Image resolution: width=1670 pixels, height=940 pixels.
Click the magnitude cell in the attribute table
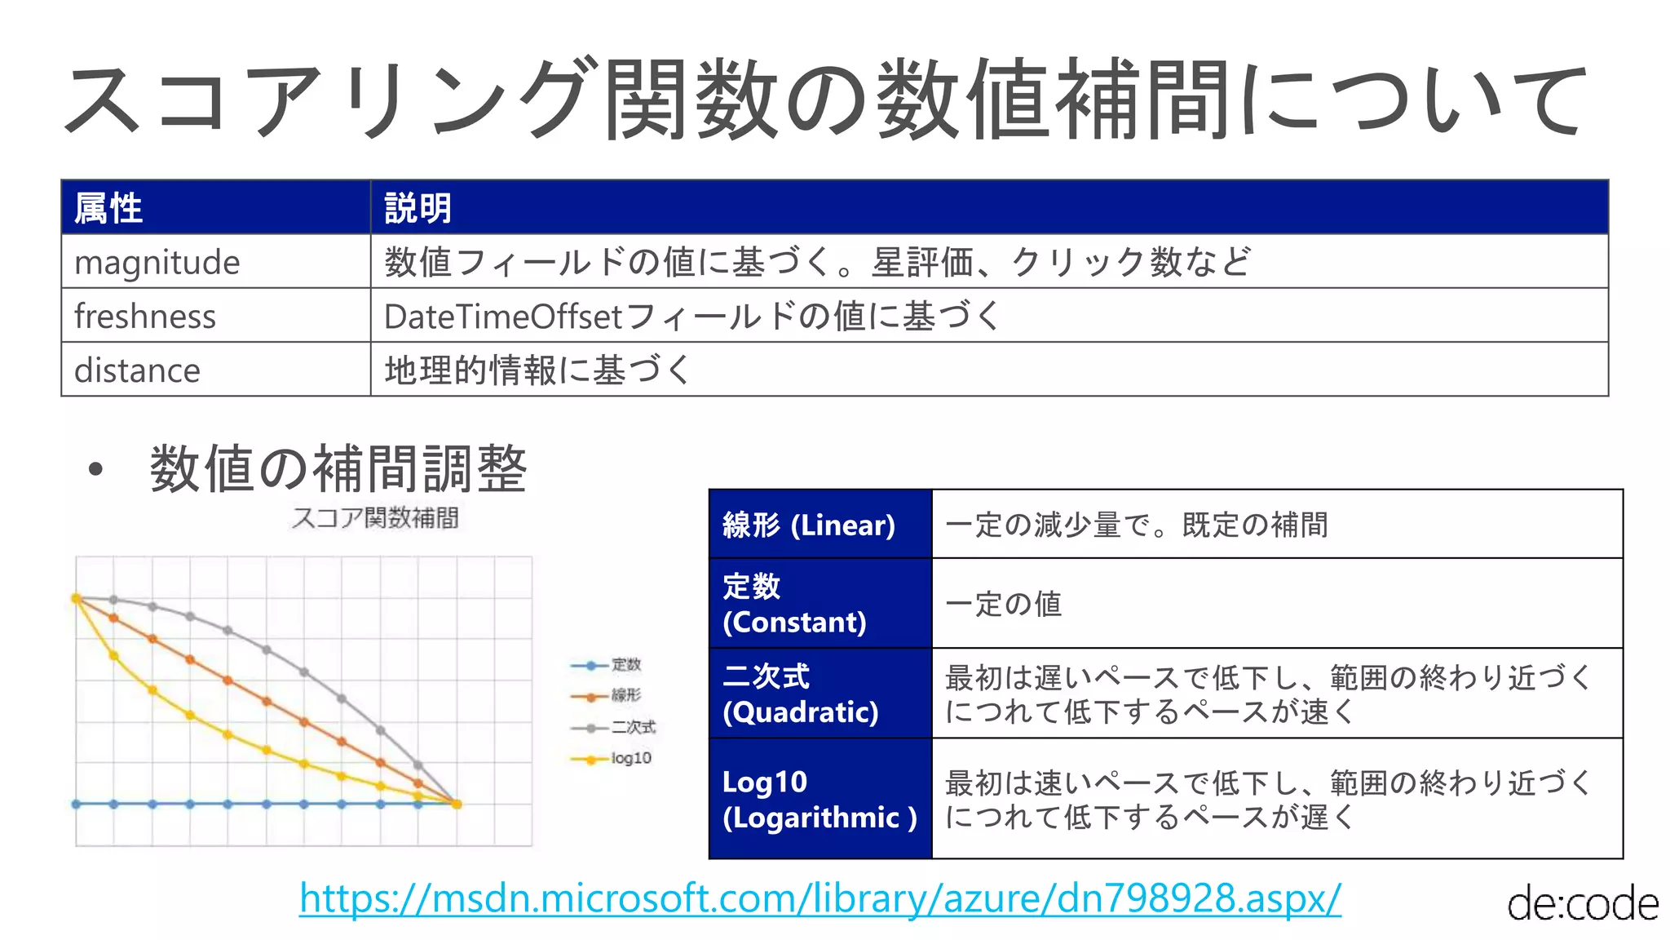[x=157, y=263]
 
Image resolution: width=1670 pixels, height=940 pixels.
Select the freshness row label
[x=145, y=317]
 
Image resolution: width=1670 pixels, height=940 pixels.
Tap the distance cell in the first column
[x=137, y=370]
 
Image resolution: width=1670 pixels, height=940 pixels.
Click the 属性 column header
[x=108, y=208]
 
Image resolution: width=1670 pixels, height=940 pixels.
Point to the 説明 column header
[x=417, y=208]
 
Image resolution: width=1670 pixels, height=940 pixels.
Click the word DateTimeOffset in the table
[x=503, y=317]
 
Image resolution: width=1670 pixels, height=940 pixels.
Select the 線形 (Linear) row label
[x=809, y=525]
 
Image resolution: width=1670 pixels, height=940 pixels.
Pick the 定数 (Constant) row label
[x=794, y=604]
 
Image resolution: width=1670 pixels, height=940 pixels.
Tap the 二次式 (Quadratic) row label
[x=801, y=694]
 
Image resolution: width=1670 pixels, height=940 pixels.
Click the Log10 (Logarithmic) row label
[x=820, y=799]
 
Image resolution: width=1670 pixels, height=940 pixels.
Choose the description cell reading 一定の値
[x=1004, y=604]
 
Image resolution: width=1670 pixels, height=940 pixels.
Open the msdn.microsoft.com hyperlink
[x=820, y=898]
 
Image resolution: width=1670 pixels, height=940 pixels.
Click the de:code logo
[x=1582, y=904]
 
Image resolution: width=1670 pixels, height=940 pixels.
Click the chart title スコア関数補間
[x=375, y=517]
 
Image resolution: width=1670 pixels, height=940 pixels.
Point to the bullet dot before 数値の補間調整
[x=96, y=469]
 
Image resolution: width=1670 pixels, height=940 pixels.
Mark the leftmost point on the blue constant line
[x=76, y=804]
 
